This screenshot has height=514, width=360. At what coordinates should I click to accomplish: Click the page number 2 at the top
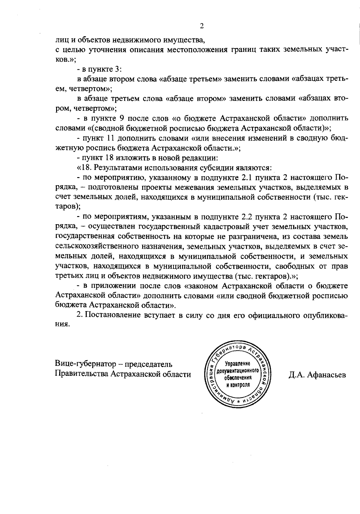(x=202, y=26)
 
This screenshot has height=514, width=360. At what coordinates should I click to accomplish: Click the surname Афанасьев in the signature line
(x=328, y=375)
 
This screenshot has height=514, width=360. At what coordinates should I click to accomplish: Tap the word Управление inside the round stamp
(x=238, y=364)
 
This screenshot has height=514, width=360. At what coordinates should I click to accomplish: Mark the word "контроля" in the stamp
(x=238, y=385)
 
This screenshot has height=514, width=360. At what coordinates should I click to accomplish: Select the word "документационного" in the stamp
(x=238, y=371)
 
